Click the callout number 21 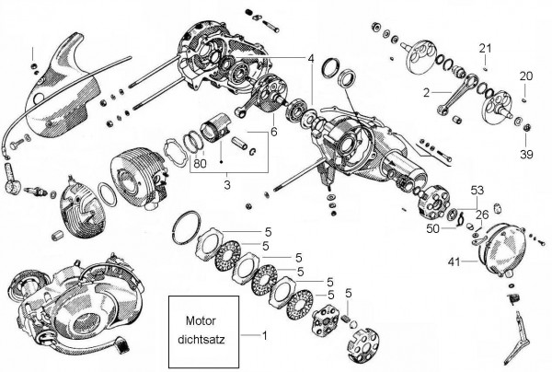tap(485, 47)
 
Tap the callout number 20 tap(525, 76)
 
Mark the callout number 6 tap(272, 132)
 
